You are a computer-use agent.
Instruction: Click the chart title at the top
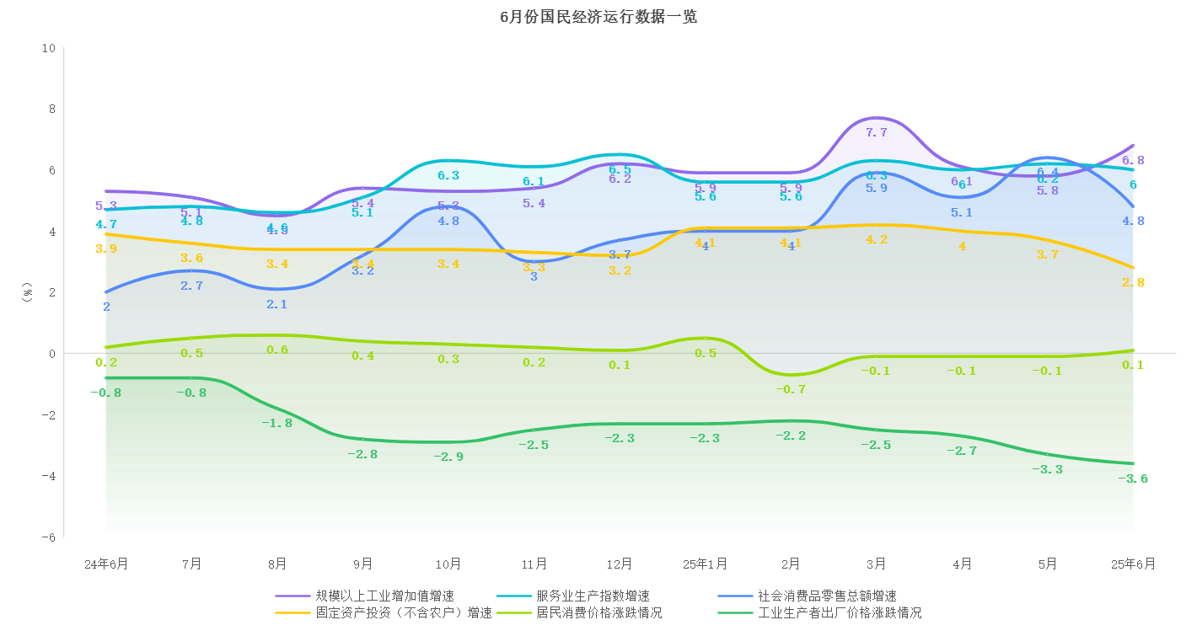(598, 17)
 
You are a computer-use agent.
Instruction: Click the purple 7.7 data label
(877, 133)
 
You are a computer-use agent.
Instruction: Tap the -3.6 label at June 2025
(1132, 478)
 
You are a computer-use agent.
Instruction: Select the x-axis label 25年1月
(705, 564)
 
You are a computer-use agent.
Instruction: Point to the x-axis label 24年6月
(106, 564)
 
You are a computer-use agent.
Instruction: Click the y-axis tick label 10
(48, 48)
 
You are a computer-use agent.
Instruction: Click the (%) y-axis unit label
(26, 292)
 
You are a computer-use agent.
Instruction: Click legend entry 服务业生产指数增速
(593, 596)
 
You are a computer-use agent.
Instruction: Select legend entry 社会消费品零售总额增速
(827, 596)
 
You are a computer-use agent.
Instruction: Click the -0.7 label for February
(791, 389)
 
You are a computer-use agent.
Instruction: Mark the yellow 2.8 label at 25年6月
(1133, 282)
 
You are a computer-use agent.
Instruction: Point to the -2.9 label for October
(448, 457)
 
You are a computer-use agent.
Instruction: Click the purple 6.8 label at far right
(1133, 160)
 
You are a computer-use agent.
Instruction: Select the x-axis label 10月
(448, 564)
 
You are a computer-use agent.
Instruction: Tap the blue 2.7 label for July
(192, 286)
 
